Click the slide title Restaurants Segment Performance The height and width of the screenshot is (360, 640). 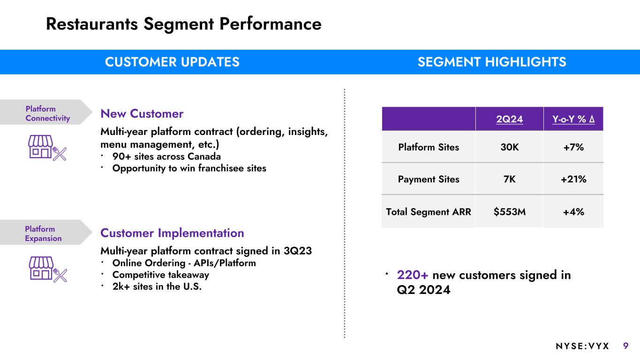click(184, 24)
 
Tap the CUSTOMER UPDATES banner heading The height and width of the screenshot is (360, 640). click(172, 62)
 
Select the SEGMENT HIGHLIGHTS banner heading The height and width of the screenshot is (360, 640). click(492, 62)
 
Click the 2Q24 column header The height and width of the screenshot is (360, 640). click(510, 119)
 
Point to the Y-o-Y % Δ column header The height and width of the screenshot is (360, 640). click(573, 119)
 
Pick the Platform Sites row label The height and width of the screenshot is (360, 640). click(429, 147)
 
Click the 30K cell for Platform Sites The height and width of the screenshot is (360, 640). click(510, 147)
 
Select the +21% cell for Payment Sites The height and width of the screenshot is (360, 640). click(573, 179)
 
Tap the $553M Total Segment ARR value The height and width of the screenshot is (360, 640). click(510, 212)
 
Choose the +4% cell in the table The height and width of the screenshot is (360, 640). click(573, 212)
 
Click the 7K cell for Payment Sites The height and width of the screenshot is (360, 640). click(510, 179)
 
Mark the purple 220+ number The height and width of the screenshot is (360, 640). click(412, 275)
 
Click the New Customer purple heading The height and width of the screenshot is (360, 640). click(142, 114)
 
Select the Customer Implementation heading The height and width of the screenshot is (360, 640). click(172, 233)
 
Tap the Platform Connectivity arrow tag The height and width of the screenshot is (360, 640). click(46, 112)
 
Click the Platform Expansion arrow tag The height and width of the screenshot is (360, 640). click(46, 232)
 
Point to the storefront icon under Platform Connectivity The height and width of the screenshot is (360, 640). click(47, 148)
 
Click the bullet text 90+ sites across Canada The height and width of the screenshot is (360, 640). click(166, 157)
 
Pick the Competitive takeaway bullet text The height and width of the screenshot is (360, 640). click(160, 275)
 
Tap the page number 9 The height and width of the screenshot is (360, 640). click(626, 346)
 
